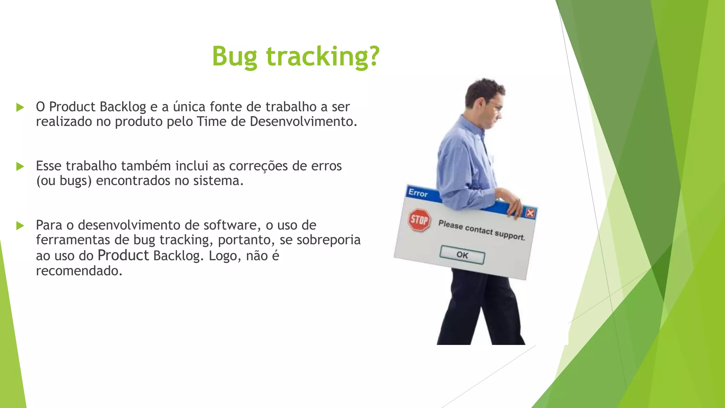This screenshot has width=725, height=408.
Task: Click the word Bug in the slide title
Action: pyautogui.click(x=234, y=57)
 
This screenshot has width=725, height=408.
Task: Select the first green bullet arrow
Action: pyautogui.click(x=20, y=107)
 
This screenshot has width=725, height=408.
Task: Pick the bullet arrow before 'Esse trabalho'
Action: pyautogui.click(x=20, y=166)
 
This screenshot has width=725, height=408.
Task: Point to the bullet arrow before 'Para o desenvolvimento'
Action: pyautogui.click(x=20, y=226)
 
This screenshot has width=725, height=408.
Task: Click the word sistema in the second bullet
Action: pyautogui.click(x=218, y=181)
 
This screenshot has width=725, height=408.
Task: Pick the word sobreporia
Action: pyautogui.click(x=329, y=240)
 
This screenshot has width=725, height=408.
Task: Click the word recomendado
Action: pyautogui.click(x=79, y=271)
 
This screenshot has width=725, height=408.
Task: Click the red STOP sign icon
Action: pyautogui.click(x=419, y=220)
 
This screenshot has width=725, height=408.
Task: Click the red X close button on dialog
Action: pyautogui.click(x=530, y=213)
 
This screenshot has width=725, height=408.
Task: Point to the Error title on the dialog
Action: pyautogui.click(x=418, y=193)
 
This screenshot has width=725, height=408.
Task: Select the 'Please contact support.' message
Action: pyautogui.click(x=481, y=230)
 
